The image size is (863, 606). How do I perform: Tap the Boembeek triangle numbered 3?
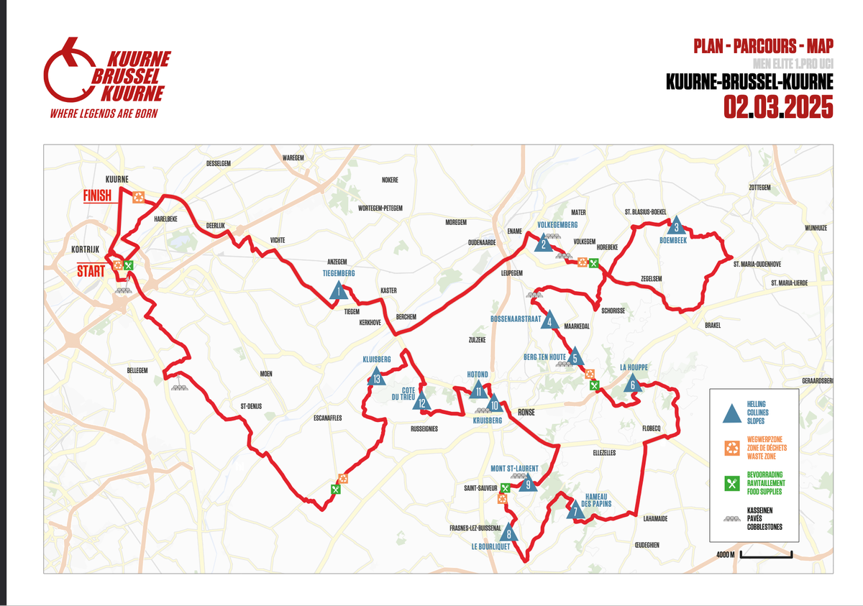pos(676,226)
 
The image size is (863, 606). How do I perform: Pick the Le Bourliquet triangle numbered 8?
pos(509,533)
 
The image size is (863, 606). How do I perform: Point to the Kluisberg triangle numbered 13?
pos(376,377)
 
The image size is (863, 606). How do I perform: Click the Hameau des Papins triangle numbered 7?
pos(575,511)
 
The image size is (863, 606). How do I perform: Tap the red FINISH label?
pos(97,195)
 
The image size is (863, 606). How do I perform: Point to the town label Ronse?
pos(527,413)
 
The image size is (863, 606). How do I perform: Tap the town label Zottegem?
pos(759,187)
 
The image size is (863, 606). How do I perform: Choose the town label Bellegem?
pos(137,369)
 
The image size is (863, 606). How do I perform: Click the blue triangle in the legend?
pos(731,413)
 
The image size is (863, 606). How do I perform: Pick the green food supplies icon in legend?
pos(731,484)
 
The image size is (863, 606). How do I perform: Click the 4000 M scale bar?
pos(764,554)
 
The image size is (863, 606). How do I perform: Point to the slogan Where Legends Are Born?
pos(104,114)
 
